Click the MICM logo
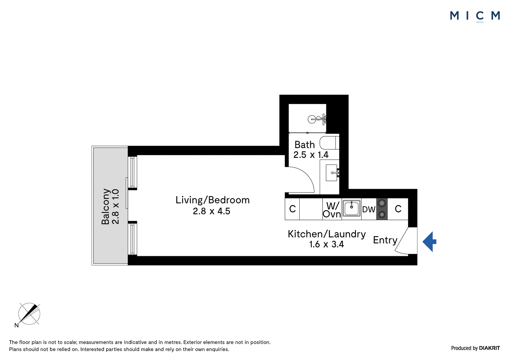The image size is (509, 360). (x=475, y=16)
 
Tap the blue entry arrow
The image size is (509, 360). (x=429, y=242)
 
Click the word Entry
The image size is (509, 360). (x=385, y=240)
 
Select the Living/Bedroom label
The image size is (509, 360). (x=213, y=200)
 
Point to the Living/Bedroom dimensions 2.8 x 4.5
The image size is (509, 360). (x=212, y=211)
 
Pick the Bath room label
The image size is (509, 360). (x=305, y=145)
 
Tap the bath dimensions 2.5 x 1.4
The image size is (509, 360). (x=311, y=155)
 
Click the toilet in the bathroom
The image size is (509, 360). (x=329, y=143)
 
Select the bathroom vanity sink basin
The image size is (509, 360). (x=331, y=173)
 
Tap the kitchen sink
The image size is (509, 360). (x=351, y=208)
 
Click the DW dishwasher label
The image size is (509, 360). (x=369, y=209)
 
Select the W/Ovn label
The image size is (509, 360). (x=332, y=210)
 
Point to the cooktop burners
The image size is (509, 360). (x=382, y=209)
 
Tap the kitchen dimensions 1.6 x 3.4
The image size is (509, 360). (x=326, y=244)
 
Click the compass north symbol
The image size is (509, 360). (x=29, y=314)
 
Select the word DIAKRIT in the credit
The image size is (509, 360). (x=490, y=348)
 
